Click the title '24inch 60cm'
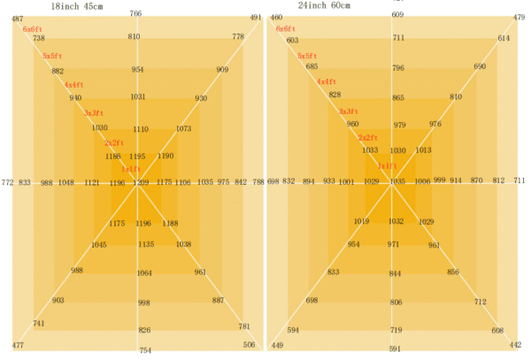324,6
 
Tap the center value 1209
141,182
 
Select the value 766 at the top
135,14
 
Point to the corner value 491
256,18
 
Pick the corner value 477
18,345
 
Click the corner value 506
250,345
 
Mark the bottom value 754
145,350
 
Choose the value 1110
141,129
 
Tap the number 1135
146,244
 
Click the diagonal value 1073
183,128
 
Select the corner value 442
516,345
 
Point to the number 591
395,349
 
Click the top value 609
397,15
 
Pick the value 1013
423,150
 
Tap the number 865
398,98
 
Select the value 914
456,180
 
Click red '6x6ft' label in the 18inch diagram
32,29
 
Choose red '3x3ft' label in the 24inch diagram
349,111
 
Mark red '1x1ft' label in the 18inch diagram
130,169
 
